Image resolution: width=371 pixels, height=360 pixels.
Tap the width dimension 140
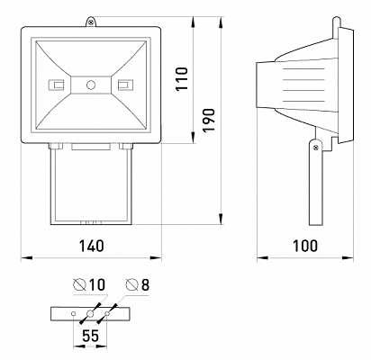89,245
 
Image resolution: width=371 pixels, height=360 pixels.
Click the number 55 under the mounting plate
89,335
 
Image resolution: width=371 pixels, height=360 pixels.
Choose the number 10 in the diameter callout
96,285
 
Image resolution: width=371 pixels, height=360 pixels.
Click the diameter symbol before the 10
79,285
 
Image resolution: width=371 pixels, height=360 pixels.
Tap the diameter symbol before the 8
131,285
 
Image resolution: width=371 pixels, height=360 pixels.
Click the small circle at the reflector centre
90,85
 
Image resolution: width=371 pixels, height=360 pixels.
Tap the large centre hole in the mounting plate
89,314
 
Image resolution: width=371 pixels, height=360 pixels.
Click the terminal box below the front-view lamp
90,184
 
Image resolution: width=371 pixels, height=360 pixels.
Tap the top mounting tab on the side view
336,20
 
